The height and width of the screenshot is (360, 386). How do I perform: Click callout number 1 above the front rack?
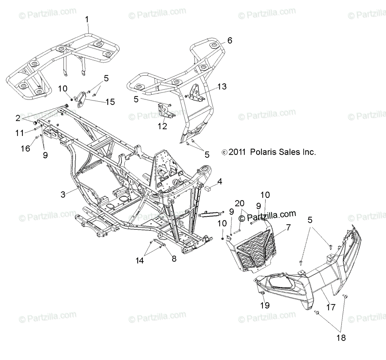click(87, 20)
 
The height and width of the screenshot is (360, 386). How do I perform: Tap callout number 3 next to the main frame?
click(63, 194)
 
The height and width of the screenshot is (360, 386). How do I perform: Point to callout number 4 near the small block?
click(228, 182)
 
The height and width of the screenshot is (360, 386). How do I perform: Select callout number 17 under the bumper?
click(331, 308)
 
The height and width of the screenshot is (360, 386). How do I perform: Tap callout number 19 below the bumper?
click(265, 305)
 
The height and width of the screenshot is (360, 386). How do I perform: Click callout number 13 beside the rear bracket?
click(222, 86)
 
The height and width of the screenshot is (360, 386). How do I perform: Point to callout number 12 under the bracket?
click(162, 126)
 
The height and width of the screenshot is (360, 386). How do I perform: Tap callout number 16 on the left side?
click(25, 148)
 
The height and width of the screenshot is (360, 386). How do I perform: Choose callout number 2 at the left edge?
click(18, 118)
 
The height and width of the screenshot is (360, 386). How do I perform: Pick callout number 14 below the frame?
click(140, 260)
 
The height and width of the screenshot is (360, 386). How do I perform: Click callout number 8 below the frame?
click(174, 258)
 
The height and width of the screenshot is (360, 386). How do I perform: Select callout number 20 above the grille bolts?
click(239, 203)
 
